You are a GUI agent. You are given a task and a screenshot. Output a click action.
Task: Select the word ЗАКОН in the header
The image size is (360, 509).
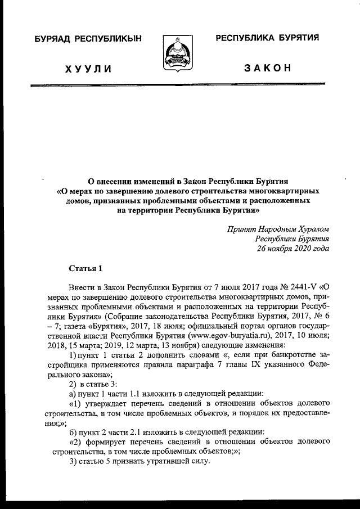click(x=267, y=69)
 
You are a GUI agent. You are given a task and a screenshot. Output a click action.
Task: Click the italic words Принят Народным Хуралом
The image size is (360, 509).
click(x=278, y=229)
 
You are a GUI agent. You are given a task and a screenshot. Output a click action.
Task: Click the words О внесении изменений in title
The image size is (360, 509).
click(x=130, y=182)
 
